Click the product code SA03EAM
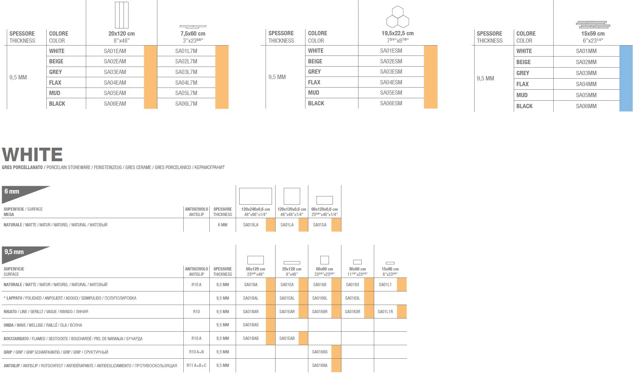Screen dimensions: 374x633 [115, 72]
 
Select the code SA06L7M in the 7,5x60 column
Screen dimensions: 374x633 [186, 104]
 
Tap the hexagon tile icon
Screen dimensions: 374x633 [397, 17]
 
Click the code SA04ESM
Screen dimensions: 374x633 [391, 82]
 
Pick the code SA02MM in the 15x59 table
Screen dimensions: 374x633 [586, 62]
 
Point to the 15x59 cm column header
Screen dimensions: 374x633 [593, 34]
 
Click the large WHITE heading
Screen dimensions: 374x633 [32, 154]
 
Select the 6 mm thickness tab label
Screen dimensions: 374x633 [12, 191]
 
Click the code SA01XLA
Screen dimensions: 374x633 [251, 225]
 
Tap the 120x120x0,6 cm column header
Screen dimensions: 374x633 [292, 209]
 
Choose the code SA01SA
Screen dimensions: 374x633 [320, 225]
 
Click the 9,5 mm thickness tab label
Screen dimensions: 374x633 [14, 252]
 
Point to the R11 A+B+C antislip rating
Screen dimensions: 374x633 [196, 365]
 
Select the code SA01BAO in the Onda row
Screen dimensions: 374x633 [251, 325]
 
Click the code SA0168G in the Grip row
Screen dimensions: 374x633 [319, 352]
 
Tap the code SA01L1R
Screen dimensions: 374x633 [385, 312]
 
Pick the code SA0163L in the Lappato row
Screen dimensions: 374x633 [352, 298]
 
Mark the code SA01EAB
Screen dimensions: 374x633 [287, 338]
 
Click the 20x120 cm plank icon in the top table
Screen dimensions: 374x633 [121, 15]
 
